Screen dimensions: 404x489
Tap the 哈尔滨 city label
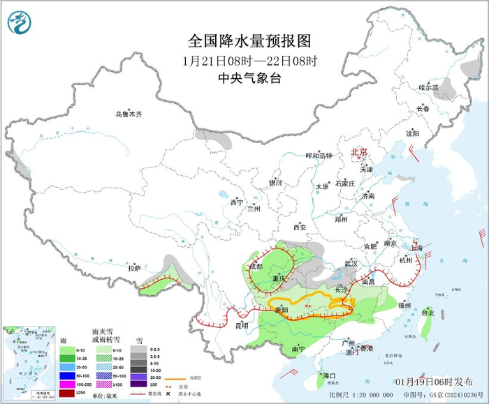coord(428,87)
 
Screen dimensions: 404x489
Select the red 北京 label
coord(358,151)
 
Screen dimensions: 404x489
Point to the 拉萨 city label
coord(134,267)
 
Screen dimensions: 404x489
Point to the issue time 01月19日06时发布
coord(433,383)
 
